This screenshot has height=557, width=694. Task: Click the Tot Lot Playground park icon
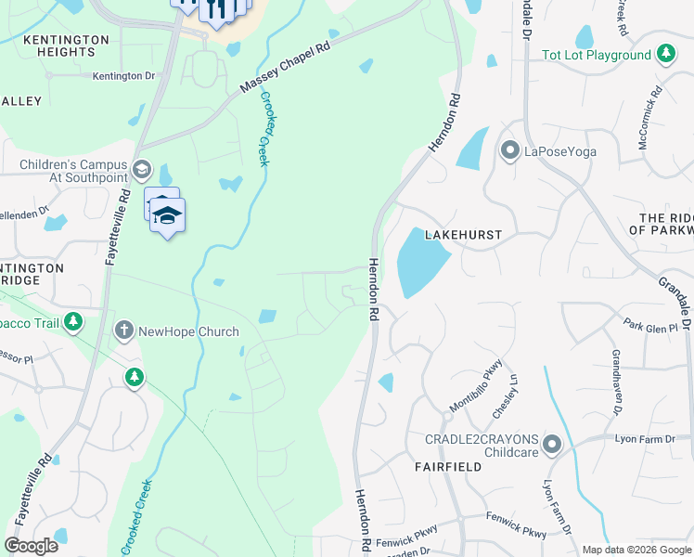point(665,55)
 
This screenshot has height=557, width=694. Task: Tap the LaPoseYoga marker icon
point(508,150)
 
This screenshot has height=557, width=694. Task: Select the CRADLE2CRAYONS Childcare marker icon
point(553,446)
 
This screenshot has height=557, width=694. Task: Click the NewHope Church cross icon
point(123,330)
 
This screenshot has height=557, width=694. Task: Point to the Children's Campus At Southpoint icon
point(141,169)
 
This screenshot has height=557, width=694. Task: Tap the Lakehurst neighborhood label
point(463,236)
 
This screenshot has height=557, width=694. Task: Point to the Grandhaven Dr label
point(615,382)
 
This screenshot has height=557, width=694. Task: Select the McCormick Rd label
point(650,118)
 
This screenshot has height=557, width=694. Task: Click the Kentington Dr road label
point(123,76)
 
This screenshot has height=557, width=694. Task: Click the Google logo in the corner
point(31,546)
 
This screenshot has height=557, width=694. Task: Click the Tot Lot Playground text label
point(596,56)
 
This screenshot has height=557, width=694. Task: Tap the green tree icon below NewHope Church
point(135,377)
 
